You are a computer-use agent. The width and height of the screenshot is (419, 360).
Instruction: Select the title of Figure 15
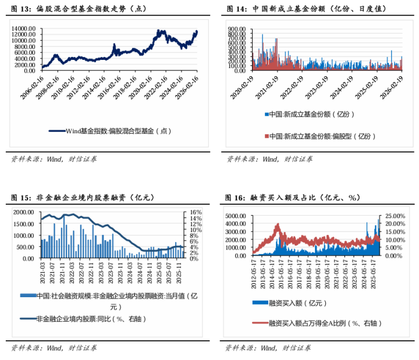(81, 198)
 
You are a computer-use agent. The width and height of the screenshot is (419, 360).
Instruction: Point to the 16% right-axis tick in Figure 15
(195, 212)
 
